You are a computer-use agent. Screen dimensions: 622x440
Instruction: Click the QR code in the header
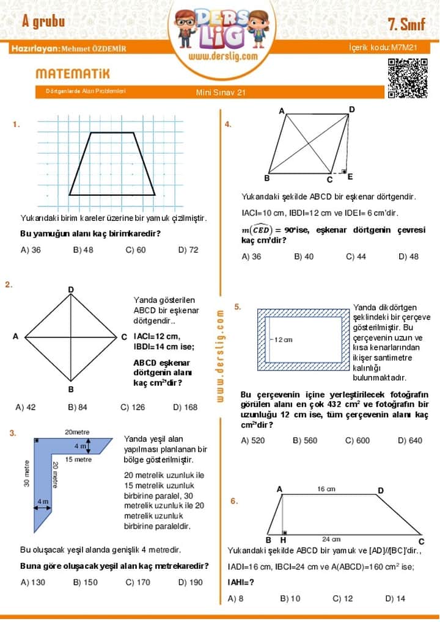408,78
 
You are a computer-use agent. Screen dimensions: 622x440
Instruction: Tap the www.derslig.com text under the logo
222,56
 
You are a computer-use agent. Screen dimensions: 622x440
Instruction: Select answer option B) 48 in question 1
83,250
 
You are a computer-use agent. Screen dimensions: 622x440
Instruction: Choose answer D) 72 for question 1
188,250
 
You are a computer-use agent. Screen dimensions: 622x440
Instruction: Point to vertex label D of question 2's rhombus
71,289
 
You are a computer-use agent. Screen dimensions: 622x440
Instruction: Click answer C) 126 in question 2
133,407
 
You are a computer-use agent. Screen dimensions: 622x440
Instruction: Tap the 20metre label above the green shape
77,432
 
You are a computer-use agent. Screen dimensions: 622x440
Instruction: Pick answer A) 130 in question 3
33,582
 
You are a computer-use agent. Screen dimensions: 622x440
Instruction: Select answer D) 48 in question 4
408,256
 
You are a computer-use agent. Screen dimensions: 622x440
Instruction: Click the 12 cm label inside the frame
283,339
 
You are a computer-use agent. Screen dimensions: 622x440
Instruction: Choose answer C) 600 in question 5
358,440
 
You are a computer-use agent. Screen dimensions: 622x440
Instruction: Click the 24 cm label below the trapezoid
331,539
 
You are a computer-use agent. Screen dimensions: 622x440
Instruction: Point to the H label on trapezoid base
283,540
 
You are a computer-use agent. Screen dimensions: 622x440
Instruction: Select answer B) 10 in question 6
290,598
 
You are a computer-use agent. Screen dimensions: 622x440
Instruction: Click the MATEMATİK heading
73,74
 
